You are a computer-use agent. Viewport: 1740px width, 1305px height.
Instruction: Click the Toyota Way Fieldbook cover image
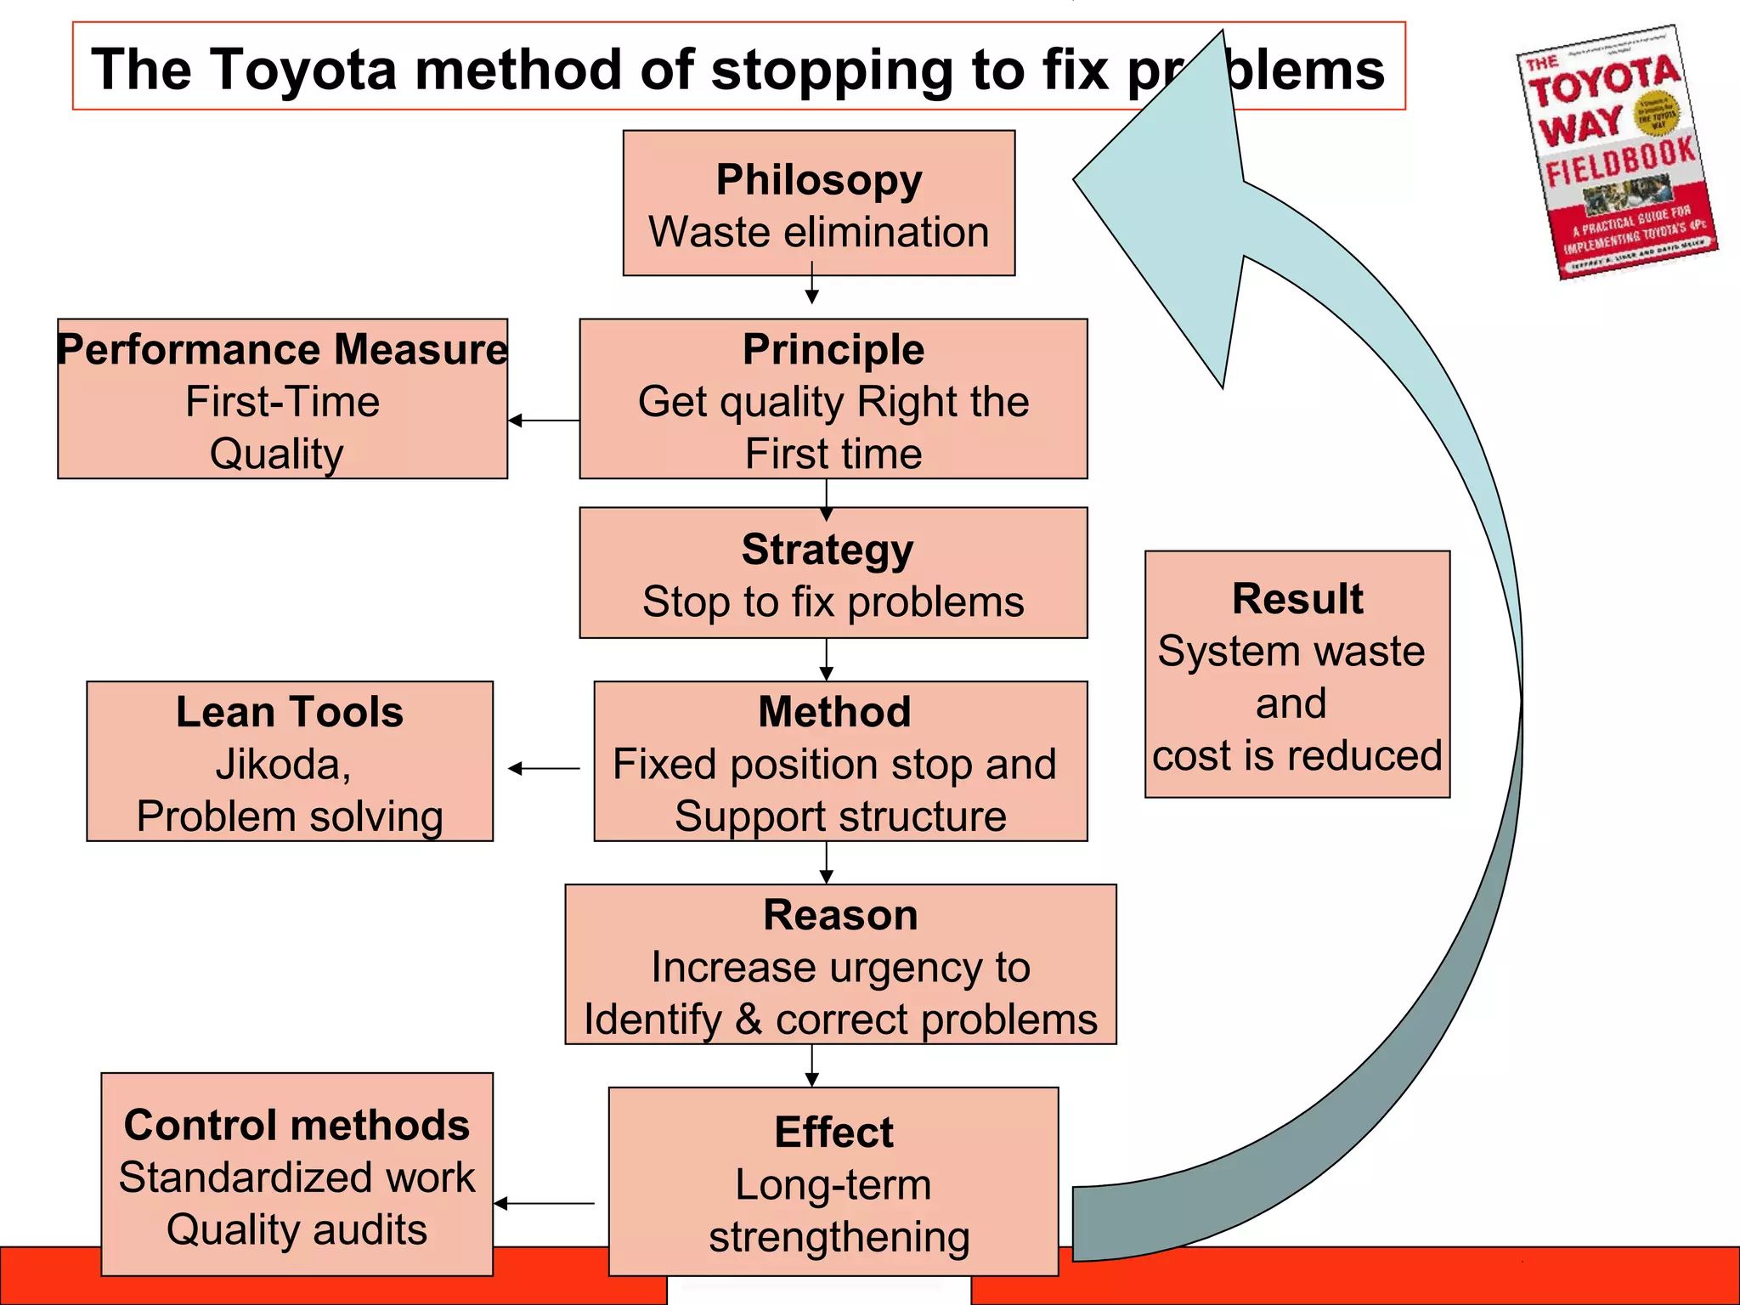tap(1617, 153)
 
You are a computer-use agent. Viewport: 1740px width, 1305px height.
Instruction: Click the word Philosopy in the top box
tap(818, 180)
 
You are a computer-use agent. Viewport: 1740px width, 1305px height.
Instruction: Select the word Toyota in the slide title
tap(302, 69)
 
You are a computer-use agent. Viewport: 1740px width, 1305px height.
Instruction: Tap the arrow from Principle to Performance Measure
tap(544, 420)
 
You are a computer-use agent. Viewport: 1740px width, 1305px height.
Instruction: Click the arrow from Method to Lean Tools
tap(544, 768)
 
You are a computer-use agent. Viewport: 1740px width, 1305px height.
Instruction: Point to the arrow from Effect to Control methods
tap(544, 1203)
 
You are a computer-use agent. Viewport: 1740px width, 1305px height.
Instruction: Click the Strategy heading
tap(827, 550)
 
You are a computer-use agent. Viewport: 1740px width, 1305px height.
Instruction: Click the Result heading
tap(1297, 599)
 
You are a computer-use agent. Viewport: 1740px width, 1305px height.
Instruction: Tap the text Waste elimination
tap(818, 232)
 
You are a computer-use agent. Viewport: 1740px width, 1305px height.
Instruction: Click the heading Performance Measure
tap(282, 350)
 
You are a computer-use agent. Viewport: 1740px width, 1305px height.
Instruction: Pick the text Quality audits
tap(297, 1229)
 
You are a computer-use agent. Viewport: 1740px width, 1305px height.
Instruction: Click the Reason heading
tap(840, 915)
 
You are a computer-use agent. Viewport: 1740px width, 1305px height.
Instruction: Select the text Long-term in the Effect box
tap(833, 1184)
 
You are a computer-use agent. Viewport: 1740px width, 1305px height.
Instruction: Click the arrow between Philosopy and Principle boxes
tap(812, 285)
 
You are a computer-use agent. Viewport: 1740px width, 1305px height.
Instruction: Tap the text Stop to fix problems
tap(833, 602)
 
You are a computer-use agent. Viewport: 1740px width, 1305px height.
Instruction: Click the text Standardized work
tap(297, 1178)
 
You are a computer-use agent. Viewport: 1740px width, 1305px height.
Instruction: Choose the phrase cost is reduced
tap(1297, 755)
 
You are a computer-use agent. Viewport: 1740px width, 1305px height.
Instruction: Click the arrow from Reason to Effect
tap(812, 1066)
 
